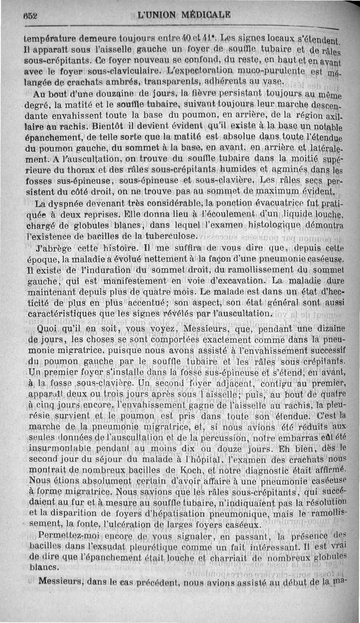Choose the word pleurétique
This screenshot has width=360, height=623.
172,547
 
